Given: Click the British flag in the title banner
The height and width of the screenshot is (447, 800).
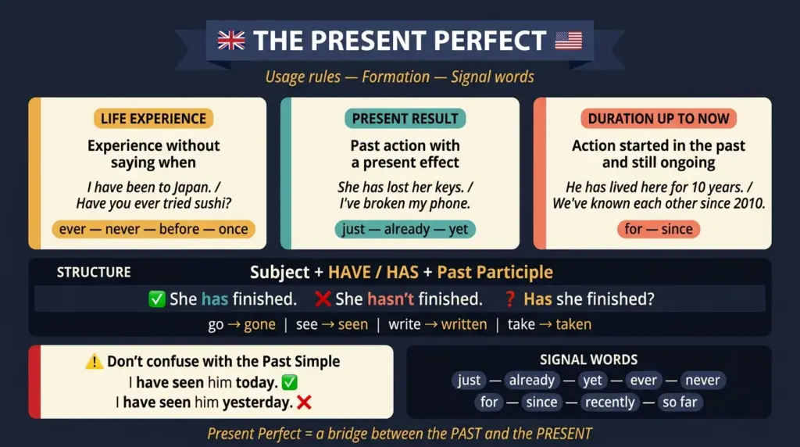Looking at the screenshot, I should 231,41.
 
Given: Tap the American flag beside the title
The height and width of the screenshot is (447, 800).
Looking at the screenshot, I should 569,41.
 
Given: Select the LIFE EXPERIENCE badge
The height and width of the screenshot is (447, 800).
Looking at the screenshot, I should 153,119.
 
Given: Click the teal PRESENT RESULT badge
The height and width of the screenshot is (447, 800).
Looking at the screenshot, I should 405,119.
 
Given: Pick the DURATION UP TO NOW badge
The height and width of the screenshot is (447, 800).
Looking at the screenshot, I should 658,119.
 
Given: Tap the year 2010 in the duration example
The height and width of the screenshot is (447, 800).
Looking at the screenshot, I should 748,203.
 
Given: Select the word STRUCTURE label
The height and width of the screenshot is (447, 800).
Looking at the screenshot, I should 94,273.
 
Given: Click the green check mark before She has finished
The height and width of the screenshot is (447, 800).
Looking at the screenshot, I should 156,299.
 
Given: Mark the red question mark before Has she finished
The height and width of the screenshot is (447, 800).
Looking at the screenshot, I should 510,299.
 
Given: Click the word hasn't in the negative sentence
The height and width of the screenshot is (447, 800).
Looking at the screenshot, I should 391,299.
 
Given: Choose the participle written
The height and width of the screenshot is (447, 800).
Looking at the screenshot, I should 464,324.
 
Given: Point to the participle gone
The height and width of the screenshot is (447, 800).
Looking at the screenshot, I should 259,324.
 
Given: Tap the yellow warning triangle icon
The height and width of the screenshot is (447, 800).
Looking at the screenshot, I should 94,362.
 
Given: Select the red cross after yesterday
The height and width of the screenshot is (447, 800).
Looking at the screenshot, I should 305,402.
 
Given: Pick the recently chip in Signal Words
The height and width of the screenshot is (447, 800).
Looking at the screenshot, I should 609,402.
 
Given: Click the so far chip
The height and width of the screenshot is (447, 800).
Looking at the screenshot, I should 680,402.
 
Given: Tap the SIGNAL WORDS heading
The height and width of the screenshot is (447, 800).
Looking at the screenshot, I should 588,360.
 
